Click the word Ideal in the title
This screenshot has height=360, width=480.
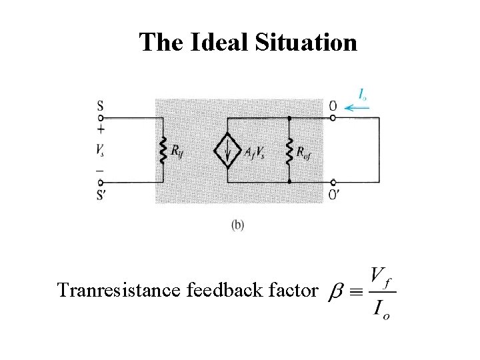point(218,43)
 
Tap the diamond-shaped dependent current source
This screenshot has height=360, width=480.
point(227,152)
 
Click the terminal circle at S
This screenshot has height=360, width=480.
point(101,118)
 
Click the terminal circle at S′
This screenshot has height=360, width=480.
point(101,182)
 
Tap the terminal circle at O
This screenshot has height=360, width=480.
point(333,118)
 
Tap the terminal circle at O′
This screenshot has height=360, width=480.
point(333,182)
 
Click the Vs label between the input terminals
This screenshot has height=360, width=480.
point(101,150)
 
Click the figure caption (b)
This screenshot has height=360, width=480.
point(238,225)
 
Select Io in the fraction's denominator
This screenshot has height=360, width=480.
point(381,309)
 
